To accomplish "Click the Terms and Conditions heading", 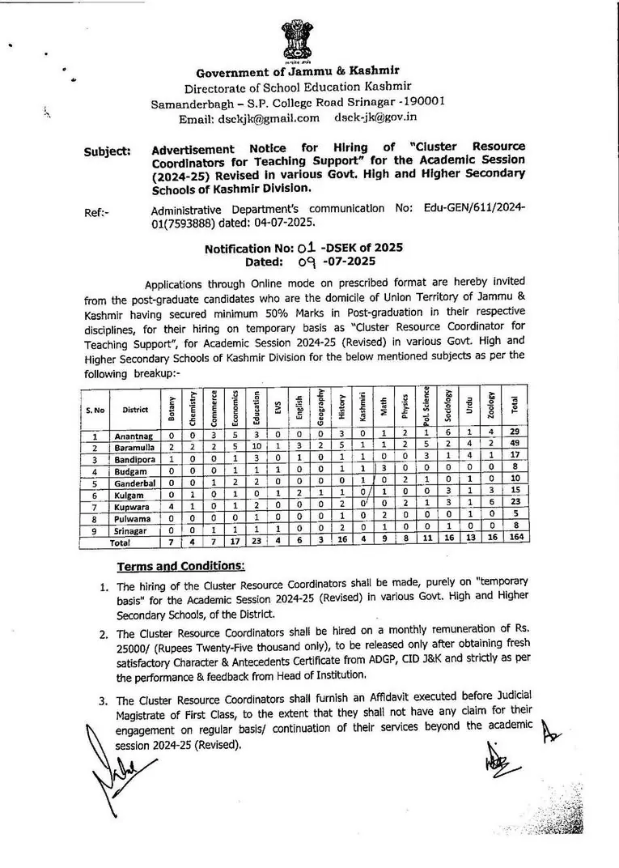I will tap(181, 564).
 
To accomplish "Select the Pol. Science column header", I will tap(426, 406).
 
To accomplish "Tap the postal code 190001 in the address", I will tap(421, 102).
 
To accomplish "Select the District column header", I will tap(135, 410).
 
